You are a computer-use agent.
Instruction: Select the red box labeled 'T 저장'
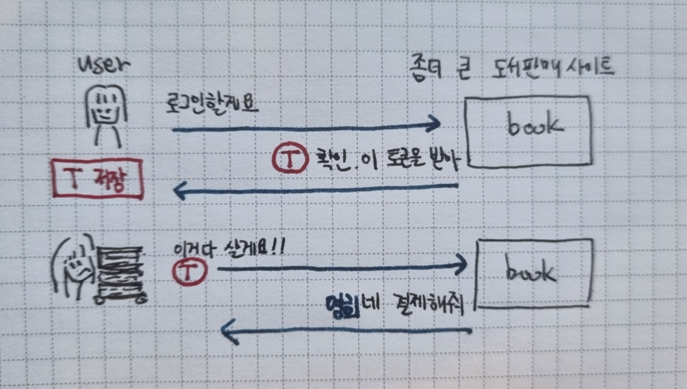(97, 180)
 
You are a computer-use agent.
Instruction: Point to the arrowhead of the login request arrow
(434, 124)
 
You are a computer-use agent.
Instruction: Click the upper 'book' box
(527, 131)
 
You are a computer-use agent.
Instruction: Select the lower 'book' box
(533, 272)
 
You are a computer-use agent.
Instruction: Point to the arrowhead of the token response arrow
(179, 190)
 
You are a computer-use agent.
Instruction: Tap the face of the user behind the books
(75, 260)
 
